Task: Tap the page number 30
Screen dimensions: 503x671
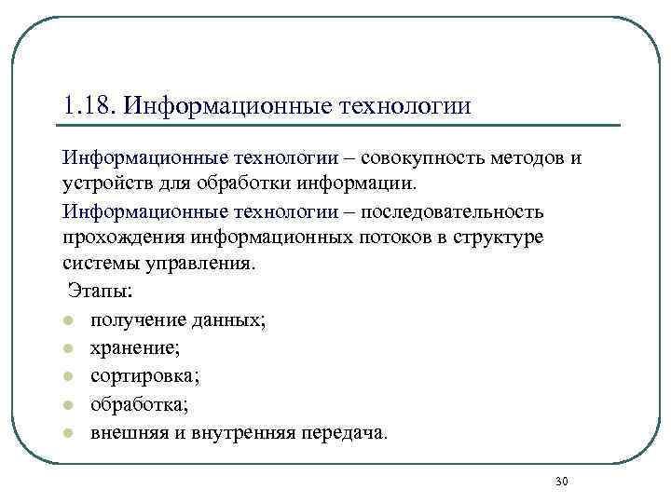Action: coord(561,481)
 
